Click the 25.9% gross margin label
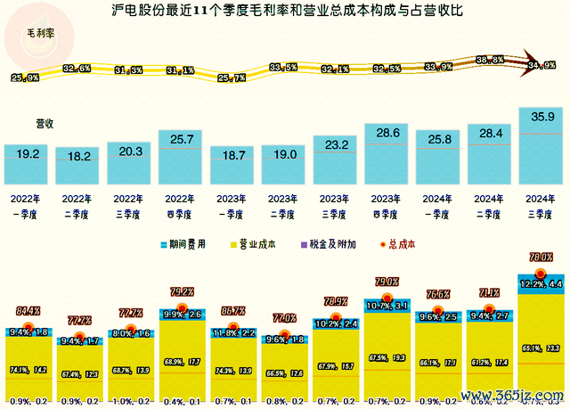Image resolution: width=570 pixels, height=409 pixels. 25,78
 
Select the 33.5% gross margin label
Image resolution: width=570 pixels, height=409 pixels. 283,67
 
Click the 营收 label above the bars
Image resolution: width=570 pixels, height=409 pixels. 45,124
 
